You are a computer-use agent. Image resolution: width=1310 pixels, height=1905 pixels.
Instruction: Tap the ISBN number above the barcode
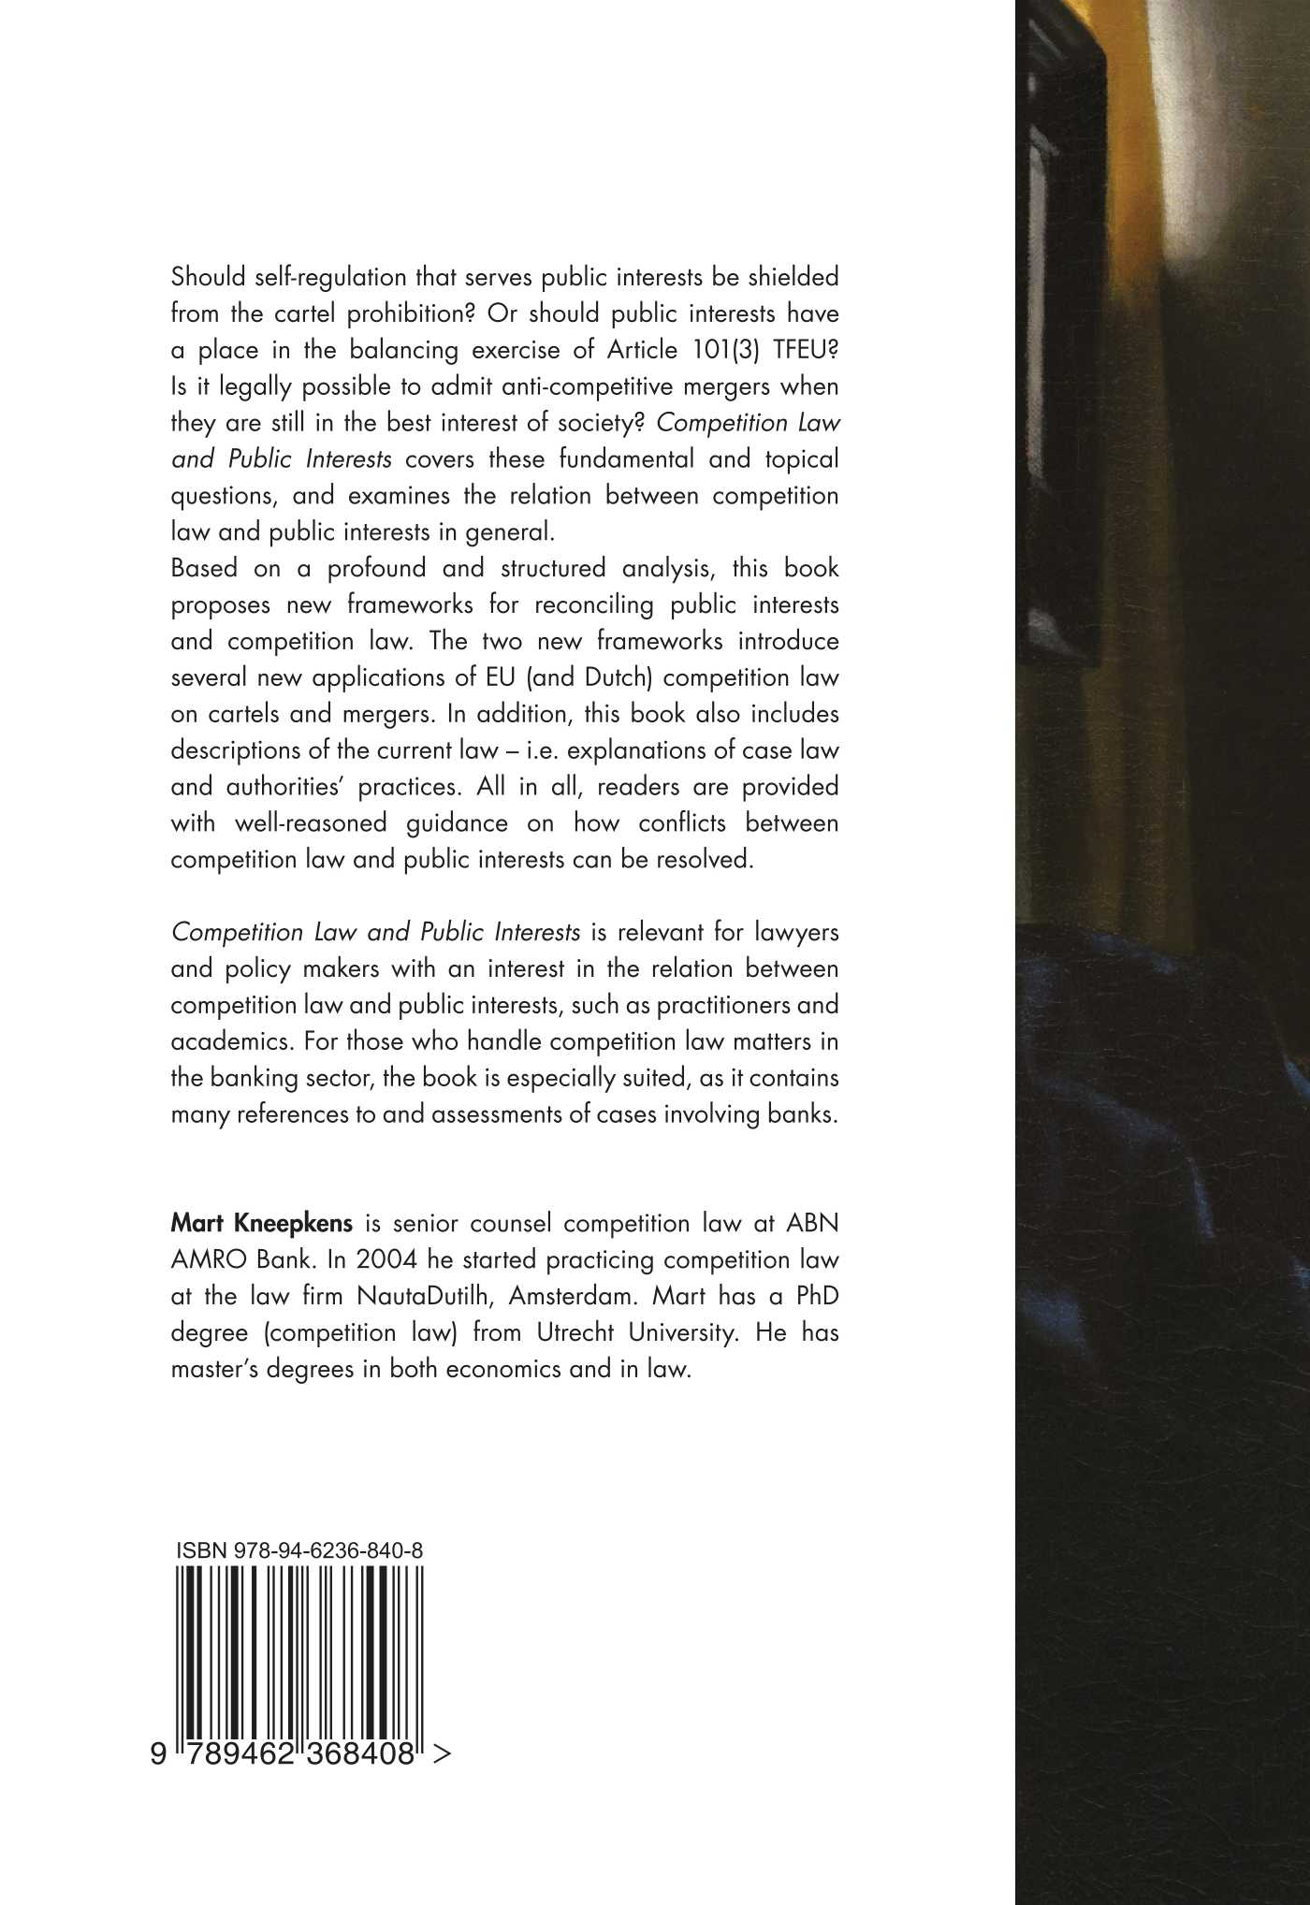pyautogui.click(x=298, y=1550)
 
